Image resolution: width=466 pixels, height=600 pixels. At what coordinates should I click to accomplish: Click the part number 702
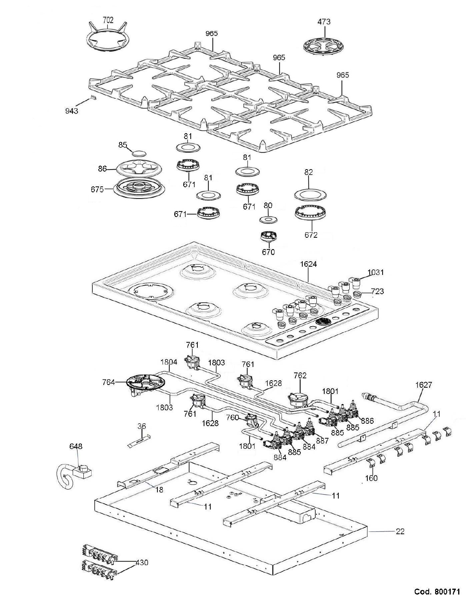point(108,20)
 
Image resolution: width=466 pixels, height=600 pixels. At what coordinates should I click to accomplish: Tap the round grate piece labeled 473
point(323,46)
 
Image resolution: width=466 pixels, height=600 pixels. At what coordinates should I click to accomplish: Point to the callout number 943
point(72,111)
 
